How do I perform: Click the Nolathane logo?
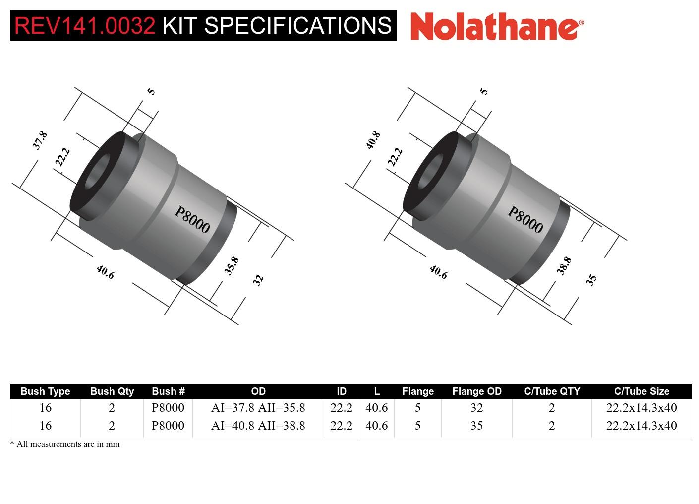click(497, 26)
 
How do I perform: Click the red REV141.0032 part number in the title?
click(85, 26)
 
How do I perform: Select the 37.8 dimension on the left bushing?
click(40, 140)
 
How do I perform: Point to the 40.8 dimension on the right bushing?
click(373, 140)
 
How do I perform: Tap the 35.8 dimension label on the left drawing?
click(231, 266)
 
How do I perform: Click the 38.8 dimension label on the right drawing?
click(564, 266)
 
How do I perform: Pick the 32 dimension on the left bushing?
click(258, 280)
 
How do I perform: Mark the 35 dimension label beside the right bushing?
click(591, 280)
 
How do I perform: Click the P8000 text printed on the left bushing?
click(192, 220)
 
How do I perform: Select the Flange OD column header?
click(476, 391)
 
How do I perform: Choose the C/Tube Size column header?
click(641, 391)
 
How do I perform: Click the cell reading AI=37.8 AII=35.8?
click(258, 408)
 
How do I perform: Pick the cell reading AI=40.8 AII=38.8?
click(258, 426)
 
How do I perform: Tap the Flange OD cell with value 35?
click(476, 426)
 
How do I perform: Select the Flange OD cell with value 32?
click(476, 408)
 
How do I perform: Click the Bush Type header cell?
click(45, 391)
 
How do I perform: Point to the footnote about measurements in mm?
click(65, 444)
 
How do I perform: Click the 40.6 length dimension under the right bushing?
click(438, 272)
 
